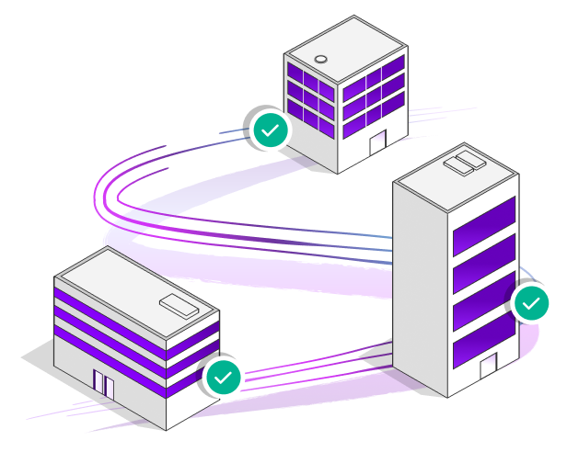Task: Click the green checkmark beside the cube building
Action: pos(269,130)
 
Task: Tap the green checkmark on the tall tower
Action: pos(530,301)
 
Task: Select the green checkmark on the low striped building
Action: pos(223,376)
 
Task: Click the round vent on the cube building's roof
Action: pos(321,59)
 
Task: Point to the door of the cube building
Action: pos(377,143)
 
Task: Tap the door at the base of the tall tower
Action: pos(488,369)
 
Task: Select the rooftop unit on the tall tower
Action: pos(463,164)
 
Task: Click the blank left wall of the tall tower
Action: pos(421,285)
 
